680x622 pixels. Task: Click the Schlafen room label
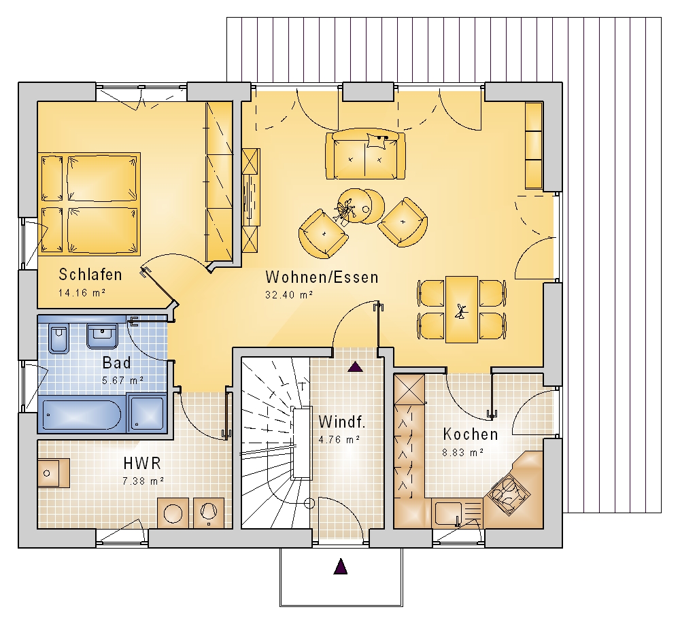(x=90, y=275)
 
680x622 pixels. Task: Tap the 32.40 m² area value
(x=289, y=295)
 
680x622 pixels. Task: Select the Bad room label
(x=116, y=362)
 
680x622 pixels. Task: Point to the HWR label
(x=142, y=463)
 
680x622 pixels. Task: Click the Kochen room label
(x=470, y=434)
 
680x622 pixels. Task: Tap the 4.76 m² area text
(x=339, y=440)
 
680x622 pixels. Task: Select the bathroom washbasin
(x=103, y=336)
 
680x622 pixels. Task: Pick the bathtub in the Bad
(x=82, y=415)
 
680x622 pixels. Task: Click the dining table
(x=462, y=309)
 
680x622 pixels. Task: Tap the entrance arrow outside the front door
(x=341, y=566)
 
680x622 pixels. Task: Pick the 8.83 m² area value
(x=462, y=453)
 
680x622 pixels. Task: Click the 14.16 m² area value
(x=82, y=292)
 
